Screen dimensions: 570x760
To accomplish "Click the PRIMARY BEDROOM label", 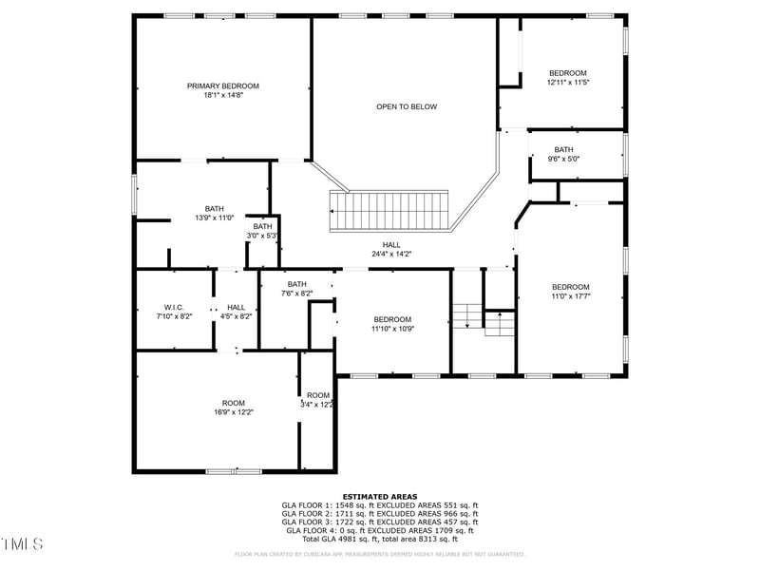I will click(x=222, y=85).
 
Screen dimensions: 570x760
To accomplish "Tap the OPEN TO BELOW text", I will click(x=407, y=106).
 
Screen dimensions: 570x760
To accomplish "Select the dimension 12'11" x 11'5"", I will click(x=568, y=83).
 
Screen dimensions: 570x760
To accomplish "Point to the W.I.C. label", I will click(x=173, y=307).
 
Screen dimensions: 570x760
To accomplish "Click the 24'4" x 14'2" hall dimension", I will click(x=391, y=254).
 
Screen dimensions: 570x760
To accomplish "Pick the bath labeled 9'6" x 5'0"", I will click(x=564, y=159).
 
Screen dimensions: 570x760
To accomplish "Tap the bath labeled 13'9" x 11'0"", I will click(x=214, y=218).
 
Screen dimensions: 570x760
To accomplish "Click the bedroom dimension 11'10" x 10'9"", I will click(x=391, y=329).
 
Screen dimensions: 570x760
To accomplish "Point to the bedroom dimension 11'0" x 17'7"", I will click(x=571, y=296).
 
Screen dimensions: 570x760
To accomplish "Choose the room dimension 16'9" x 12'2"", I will click(x=234, y=412).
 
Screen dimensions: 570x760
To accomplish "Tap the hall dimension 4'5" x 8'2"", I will click(x=236, y=316).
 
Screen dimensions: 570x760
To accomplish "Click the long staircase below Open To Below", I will click(x=389, y=210).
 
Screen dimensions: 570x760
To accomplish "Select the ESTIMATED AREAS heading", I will click(x=380, y=496).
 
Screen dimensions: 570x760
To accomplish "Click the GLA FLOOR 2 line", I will click(x=380, y=514).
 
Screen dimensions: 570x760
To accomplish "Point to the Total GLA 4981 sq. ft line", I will click(x=380, y=540).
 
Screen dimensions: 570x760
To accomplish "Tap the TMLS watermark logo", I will click(x=22, y=544).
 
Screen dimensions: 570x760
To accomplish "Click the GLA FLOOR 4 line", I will click(x=380, y=531).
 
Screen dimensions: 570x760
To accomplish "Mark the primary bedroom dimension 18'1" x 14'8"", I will click(x=222, y=95).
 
